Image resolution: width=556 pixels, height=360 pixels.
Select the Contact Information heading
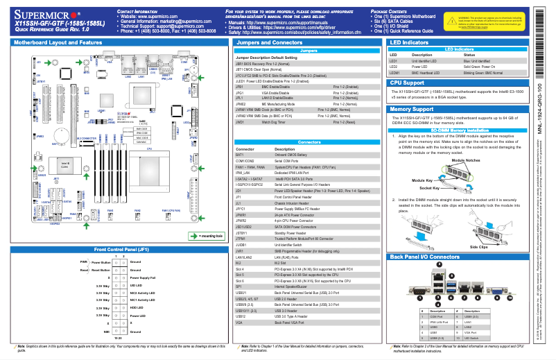click(x=136, y=12)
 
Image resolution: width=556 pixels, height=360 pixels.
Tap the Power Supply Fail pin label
click(x=144, y=277)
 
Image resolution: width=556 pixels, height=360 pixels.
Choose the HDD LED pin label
click(x=136, y=307)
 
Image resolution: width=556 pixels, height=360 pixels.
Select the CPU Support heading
click(x=408, y=82)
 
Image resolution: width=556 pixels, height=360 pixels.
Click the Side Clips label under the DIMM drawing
click(x=479, y=246)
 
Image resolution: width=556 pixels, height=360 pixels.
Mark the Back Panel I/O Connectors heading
click(x=424, y=257)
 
